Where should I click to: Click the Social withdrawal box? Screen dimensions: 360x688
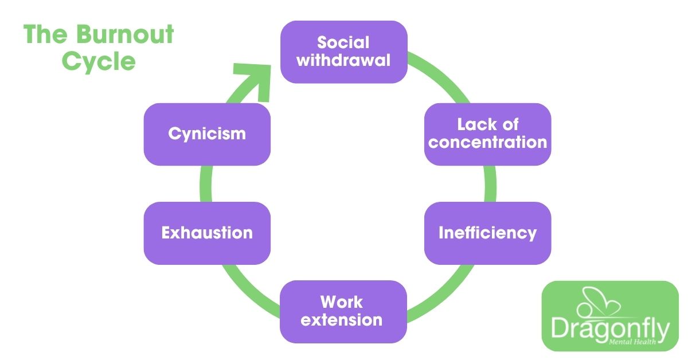click(x=343, y=52)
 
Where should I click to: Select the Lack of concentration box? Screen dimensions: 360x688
click(x=487, y=134)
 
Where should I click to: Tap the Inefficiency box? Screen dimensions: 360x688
click(x=487, y=233)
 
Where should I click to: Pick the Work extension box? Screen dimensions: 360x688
click(x=343, y=311)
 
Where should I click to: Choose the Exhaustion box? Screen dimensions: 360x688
click(x=207, y=233)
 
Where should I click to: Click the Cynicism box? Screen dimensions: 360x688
click(x=207, y=134)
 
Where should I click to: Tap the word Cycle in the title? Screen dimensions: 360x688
click(x=99, y=61)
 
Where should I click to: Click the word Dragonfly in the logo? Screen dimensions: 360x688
click(x=610, y=329)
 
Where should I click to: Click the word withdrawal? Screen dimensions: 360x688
click(x=343, y=60)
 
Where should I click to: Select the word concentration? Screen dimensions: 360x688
click(x=487, y=142)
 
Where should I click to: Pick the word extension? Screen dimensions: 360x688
click(x=343, y=319)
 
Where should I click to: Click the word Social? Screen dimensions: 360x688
click(x=343, y=43)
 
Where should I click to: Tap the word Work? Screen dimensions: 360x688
click(x=342, y=302)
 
